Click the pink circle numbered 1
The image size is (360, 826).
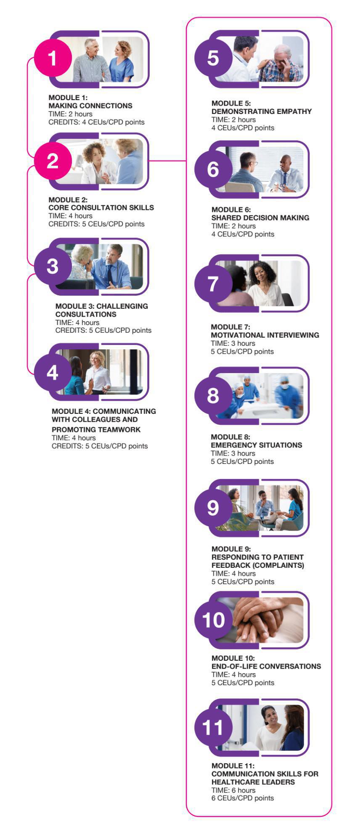(53, 58)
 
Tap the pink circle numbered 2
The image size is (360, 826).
(53, 161)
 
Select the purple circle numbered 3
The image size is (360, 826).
(53, 266)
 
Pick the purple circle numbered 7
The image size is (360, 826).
(213, 283)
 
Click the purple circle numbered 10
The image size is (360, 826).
(213, 620)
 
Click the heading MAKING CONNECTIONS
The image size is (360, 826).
(90, 106)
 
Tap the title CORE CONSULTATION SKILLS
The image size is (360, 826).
(101, 208)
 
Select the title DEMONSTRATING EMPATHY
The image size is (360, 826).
(262, 111)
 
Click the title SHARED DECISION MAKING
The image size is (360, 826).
(260, 218)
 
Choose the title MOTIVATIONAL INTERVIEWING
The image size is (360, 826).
(265, 335)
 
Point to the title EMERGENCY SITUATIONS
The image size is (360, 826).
(257, 445)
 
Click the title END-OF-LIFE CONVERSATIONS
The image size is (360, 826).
(266, 666)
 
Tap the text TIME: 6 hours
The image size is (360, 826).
(233, 790)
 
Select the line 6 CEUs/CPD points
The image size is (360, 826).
(243, 798)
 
